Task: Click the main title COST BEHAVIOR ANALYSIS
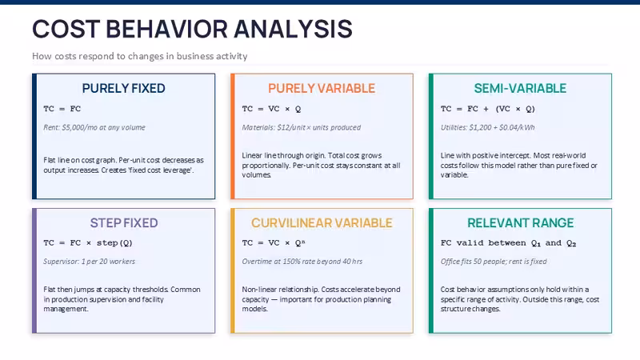(x=192, y=29)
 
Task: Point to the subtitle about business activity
(x=139, y=56)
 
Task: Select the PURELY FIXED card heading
(x=124, y=88)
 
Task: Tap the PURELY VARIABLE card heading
(x=322, y=88)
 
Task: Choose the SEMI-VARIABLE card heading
(x=520, y=88)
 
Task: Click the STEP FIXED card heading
(x=124, y=223)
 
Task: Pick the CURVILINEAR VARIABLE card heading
(x=322, y=223)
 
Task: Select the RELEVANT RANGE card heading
(x=521, y=223)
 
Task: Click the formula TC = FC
(x=62, y=109)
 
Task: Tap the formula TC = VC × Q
(x=271, y=109)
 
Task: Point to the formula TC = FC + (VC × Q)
(x=488, y=109)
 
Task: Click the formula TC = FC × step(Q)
(x=88, y=243)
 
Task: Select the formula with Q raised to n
(x=274, y=243)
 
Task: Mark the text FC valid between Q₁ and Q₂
(x=508, y=243)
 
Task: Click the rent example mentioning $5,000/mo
(x=94, y=127)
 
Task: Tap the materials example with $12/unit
(x=302, y=127)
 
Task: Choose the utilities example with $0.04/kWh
(x=487, y=127)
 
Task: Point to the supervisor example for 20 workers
(x=89, y=262)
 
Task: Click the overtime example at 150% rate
(x=302, y=262)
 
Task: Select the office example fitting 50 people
(x=494, y=262)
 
